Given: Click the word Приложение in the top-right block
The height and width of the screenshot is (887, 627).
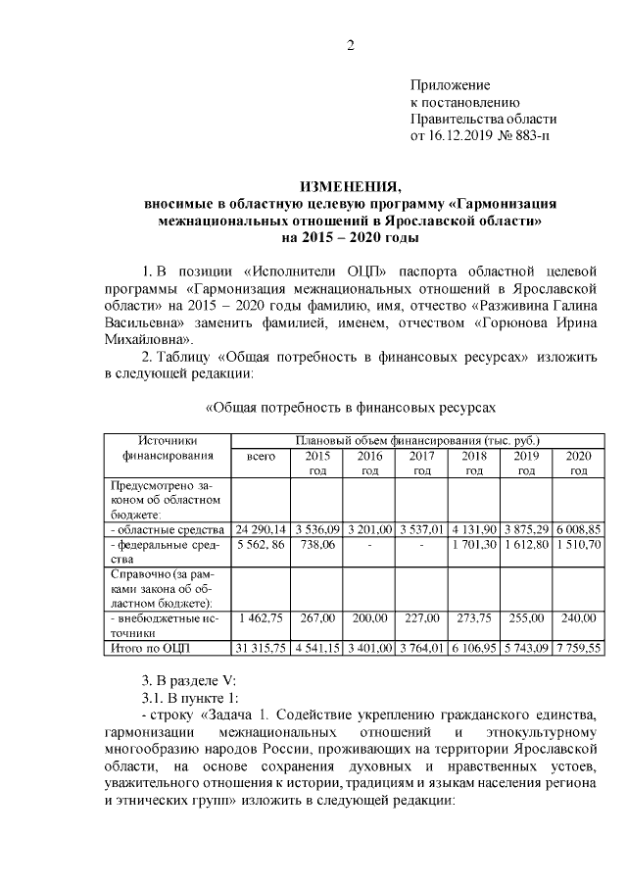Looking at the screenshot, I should point(450,85).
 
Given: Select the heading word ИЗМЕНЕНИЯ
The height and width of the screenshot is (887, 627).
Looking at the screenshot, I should point(350,187).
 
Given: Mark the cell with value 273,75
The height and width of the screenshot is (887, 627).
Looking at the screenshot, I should point(474,618).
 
